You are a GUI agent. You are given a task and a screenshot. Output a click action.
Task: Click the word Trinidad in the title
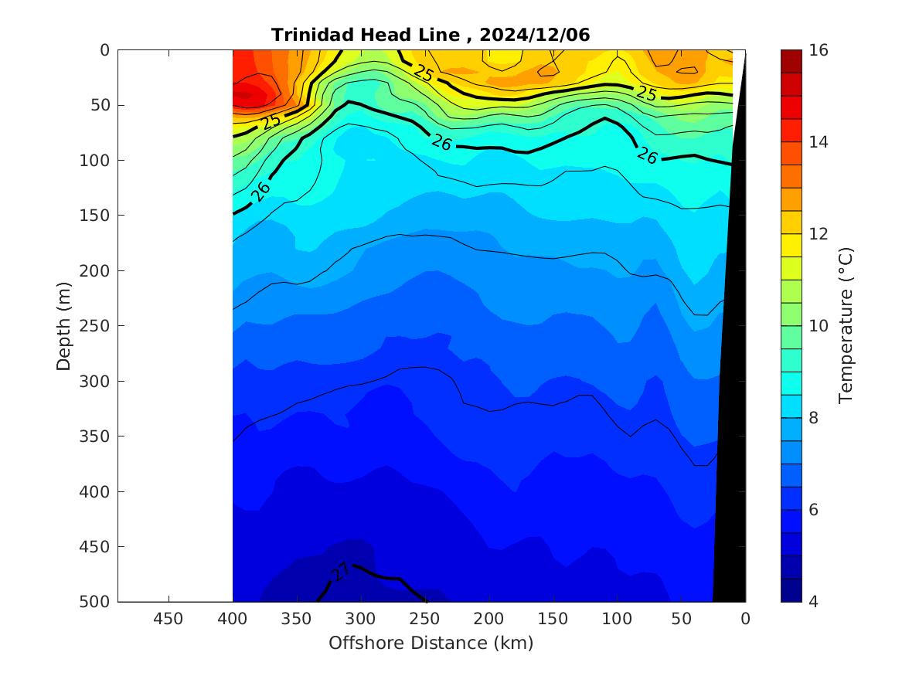(x=306, y=35)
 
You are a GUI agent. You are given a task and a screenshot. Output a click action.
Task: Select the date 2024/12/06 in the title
(x=535, y=35)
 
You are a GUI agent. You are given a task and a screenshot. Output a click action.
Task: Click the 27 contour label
(x=340, y=571)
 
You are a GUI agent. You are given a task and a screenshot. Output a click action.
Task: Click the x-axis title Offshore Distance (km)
(x=431, y=643)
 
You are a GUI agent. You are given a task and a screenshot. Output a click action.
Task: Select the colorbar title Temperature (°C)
(x=846, y=325)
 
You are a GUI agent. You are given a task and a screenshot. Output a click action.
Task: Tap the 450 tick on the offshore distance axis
(x=168, y=618)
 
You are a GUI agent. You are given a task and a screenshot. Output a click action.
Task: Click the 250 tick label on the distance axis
(x=425, y=618)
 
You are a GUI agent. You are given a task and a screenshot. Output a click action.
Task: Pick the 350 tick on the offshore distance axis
(x=297, y=618)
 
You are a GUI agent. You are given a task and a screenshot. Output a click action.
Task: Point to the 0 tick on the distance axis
(x=745, y=618)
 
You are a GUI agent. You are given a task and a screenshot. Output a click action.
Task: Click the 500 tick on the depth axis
(x=97, y=602)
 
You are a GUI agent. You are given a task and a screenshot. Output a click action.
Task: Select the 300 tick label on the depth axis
(x=97, y=381)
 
